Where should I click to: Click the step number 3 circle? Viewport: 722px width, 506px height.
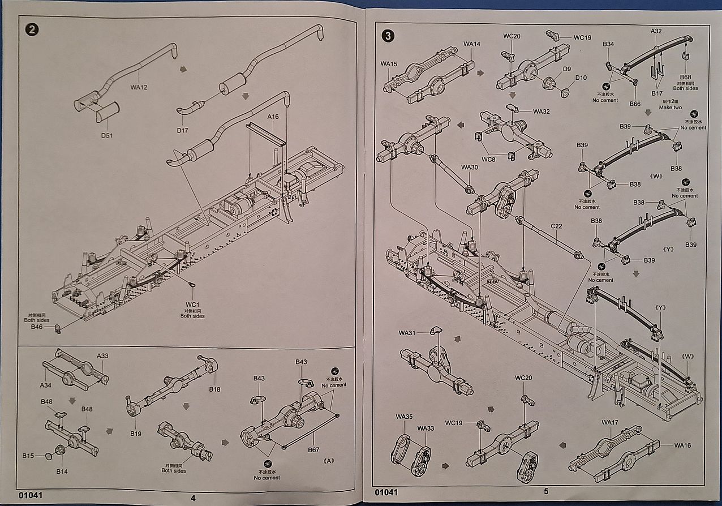[388, 36]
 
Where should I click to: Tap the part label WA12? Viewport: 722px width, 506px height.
[139, 87]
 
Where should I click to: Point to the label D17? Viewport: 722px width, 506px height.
[182, 130]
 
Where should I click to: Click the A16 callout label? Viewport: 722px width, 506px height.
[273, 117]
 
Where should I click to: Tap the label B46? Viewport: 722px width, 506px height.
[37, 327]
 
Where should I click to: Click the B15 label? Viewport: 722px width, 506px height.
[28, 454]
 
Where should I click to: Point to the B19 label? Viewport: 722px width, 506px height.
[135, 434]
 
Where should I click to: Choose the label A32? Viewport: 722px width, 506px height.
[656, 31]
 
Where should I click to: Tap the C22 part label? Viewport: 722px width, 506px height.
[556, 226]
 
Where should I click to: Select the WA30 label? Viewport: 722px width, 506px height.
[470, 168]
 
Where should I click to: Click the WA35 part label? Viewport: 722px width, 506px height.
[404, 417]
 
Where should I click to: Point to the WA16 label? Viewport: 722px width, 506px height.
[683, 445]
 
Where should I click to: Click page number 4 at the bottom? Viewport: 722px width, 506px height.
[193, 498]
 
